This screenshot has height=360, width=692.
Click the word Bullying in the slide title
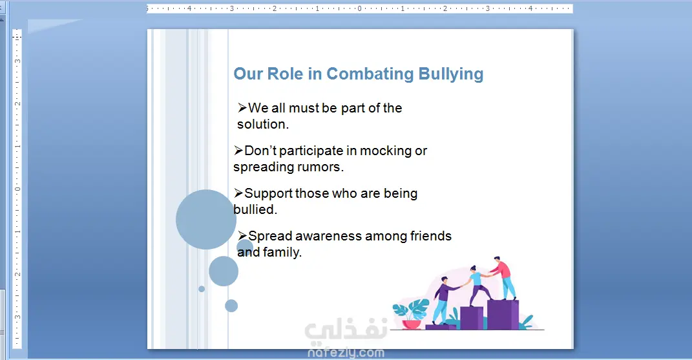click(450, 74)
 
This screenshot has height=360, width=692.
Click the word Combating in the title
click(370, 74)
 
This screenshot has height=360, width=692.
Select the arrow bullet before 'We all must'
click(242, 108)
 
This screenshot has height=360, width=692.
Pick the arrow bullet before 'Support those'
click(238, 193)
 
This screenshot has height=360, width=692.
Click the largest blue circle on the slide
click(205, 219)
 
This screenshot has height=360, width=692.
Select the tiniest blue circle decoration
click(202, 289)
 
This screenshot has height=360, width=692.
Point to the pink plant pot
click(412, 324)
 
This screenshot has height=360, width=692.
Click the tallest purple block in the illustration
click(503, 315)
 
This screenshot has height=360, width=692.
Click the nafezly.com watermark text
click(346, 353)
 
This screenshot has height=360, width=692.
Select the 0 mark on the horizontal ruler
click(360, 8)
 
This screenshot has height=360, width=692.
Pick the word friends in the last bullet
click(431, 236)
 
